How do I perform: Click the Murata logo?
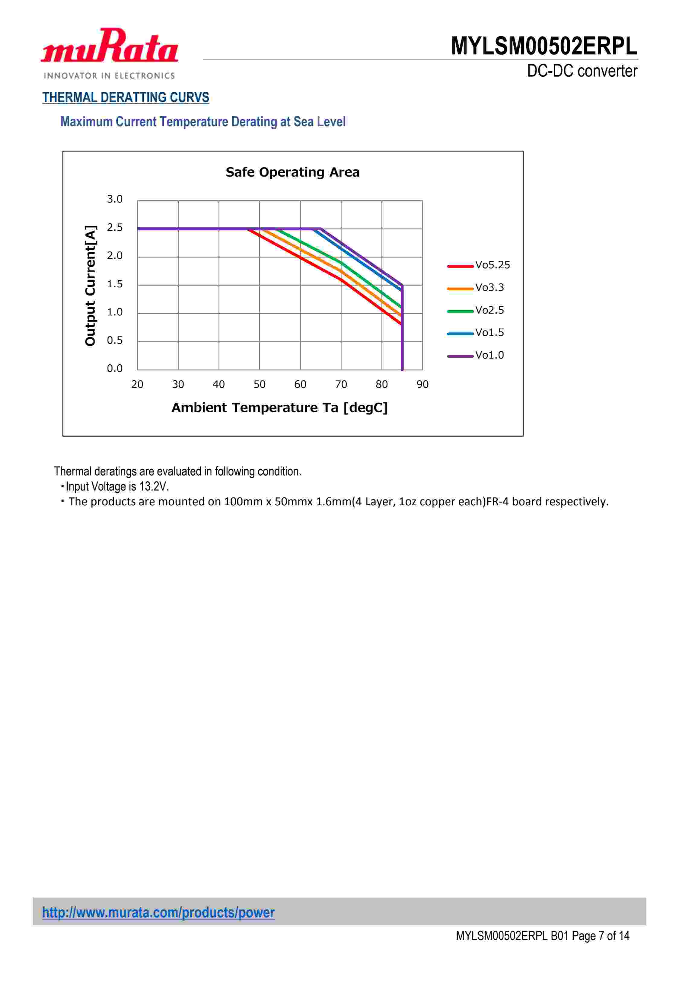109,53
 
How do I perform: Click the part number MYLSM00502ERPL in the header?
544,46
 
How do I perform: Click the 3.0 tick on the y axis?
114,199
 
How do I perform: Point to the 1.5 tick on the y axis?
114,284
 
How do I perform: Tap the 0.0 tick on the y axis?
114,369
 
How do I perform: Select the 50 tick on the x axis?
260,385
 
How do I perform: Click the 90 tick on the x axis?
422,385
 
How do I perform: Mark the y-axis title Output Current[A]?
90,286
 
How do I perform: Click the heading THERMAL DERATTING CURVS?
126,97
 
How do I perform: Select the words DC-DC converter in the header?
582,71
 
